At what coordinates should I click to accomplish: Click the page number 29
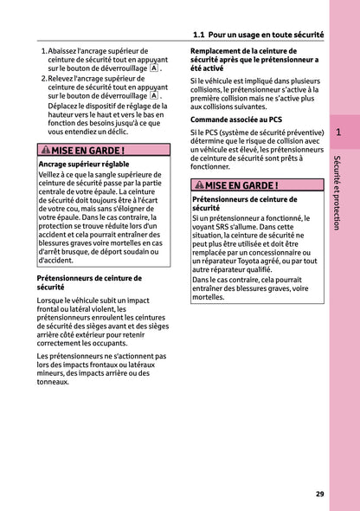tap(320, 494)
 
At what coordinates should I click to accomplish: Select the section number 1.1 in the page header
tap(199, 35)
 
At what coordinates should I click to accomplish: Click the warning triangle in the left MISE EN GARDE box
tap(46, 151)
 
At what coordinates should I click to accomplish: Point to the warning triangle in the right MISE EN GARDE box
tap(199, 185)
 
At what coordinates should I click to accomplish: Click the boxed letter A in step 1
tap(153, 67)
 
